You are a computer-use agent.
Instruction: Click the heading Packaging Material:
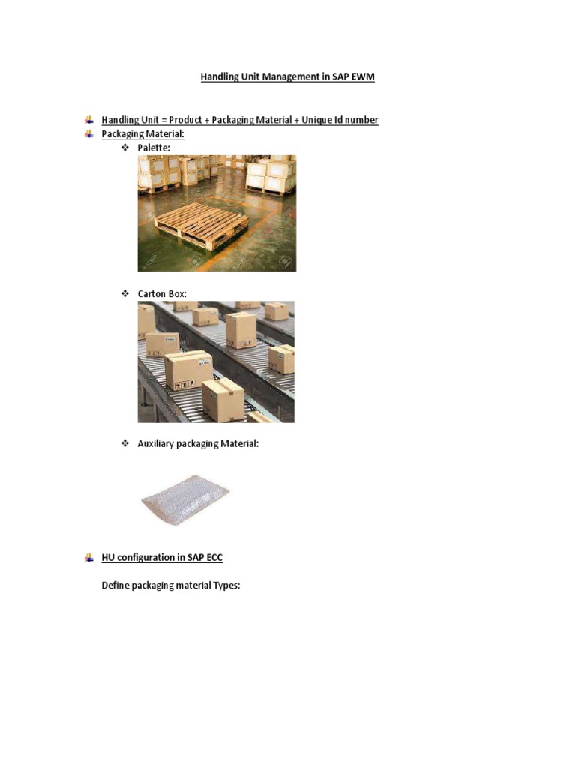[142, 134]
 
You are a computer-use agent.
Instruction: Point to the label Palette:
[154, 148]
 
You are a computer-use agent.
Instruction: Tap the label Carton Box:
[162, 294]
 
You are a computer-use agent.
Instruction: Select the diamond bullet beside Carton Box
[125, 294]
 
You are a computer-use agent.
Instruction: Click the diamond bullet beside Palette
[125, 148]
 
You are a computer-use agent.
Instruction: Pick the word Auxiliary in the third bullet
[156, 443]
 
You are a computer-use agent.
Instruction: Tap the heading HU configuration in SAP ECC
[162, 557]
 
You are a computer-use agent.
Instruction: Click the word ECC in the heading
[213, 557]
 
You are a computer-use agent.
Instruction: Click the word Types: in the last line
[226, 586]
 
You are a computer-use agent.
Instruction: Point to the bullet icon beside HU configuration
[88, 557]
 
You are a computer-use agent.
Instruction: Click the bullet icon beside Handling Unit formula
[88, 120]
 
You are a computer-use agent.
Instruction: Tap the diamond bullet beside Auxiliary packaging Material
[125, 443]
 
